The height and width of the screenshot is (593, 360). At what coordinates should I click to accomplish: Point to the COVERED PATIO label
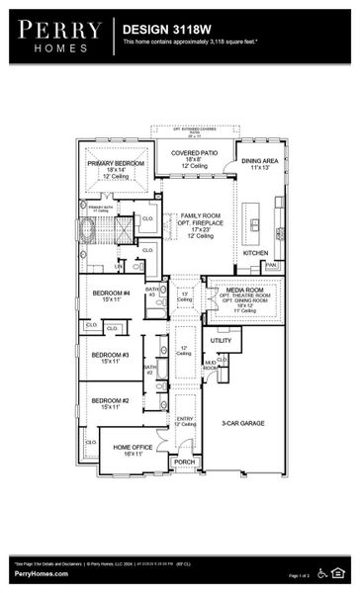[188, 153]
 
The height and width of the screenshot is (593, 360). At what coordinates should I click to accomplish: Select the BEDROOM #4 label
[111, 293]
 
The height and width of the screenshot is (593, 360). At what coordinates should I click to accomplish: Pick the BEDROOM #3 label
[111, 354]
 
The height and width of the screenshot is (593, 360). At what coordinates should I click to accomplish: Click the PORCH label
[184, 462]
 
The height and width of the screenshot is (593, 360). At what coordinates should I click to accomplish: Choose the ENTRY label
[184, 418]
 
